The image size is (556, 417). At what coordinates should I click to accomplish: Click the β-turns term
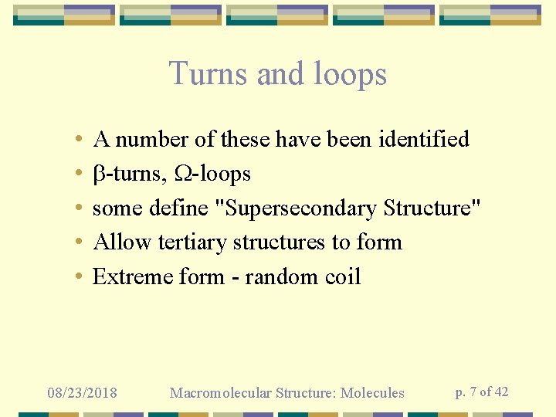(130, 174)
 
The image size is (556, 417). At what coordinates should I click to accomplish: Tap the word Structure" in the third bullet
(432, 208)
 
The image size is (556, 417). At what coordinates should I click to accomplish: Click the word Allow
(122, 242)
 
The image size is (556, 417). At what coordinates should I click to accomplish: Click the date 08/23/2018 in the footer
(83, 393)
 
